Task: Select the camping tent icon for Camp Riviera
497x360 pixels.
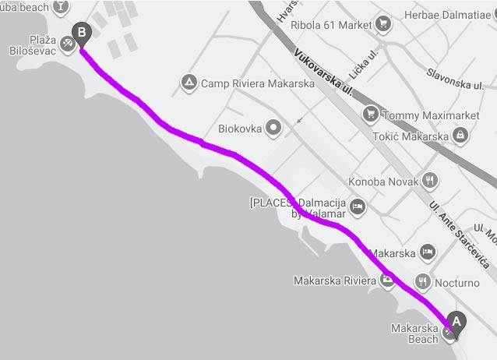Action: (x=188, y=82)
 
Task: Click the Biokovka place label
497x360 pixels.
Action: (x=238, y=126)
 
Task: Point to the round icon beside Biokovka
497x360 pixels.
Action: (x=273, y=126)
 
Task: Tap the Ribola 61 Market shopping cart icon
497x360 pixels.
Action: (x=382, y=24)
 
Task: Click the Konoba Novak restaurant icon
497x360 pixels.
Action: (x=429, y=182)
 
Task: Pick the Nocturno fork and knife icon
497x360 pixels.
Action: (x=424, y=282)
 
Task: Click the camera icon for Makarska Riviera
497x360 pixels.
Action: (x=387, y=281)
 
